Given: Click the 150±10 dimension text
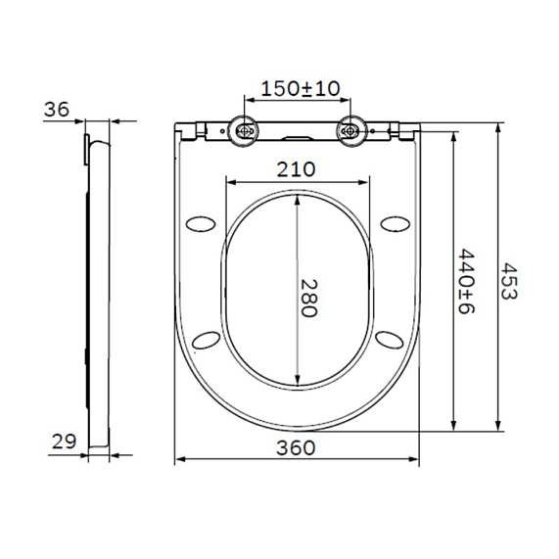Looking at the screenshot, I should pyautogui.click(x=298, y=88).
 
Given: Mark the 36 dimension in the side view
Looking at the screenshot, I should pyautogui.click(x=57, y=110).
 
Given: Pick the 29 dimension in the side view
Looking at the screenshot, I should pyautogui.click(x=64, y=442).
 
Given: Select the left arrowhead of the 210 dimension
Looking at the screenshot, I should pyautogui.click(x=229, y=180).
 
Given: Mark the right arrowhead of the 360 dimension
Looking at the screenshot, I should pyautogui.click(x=418, y=459).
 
